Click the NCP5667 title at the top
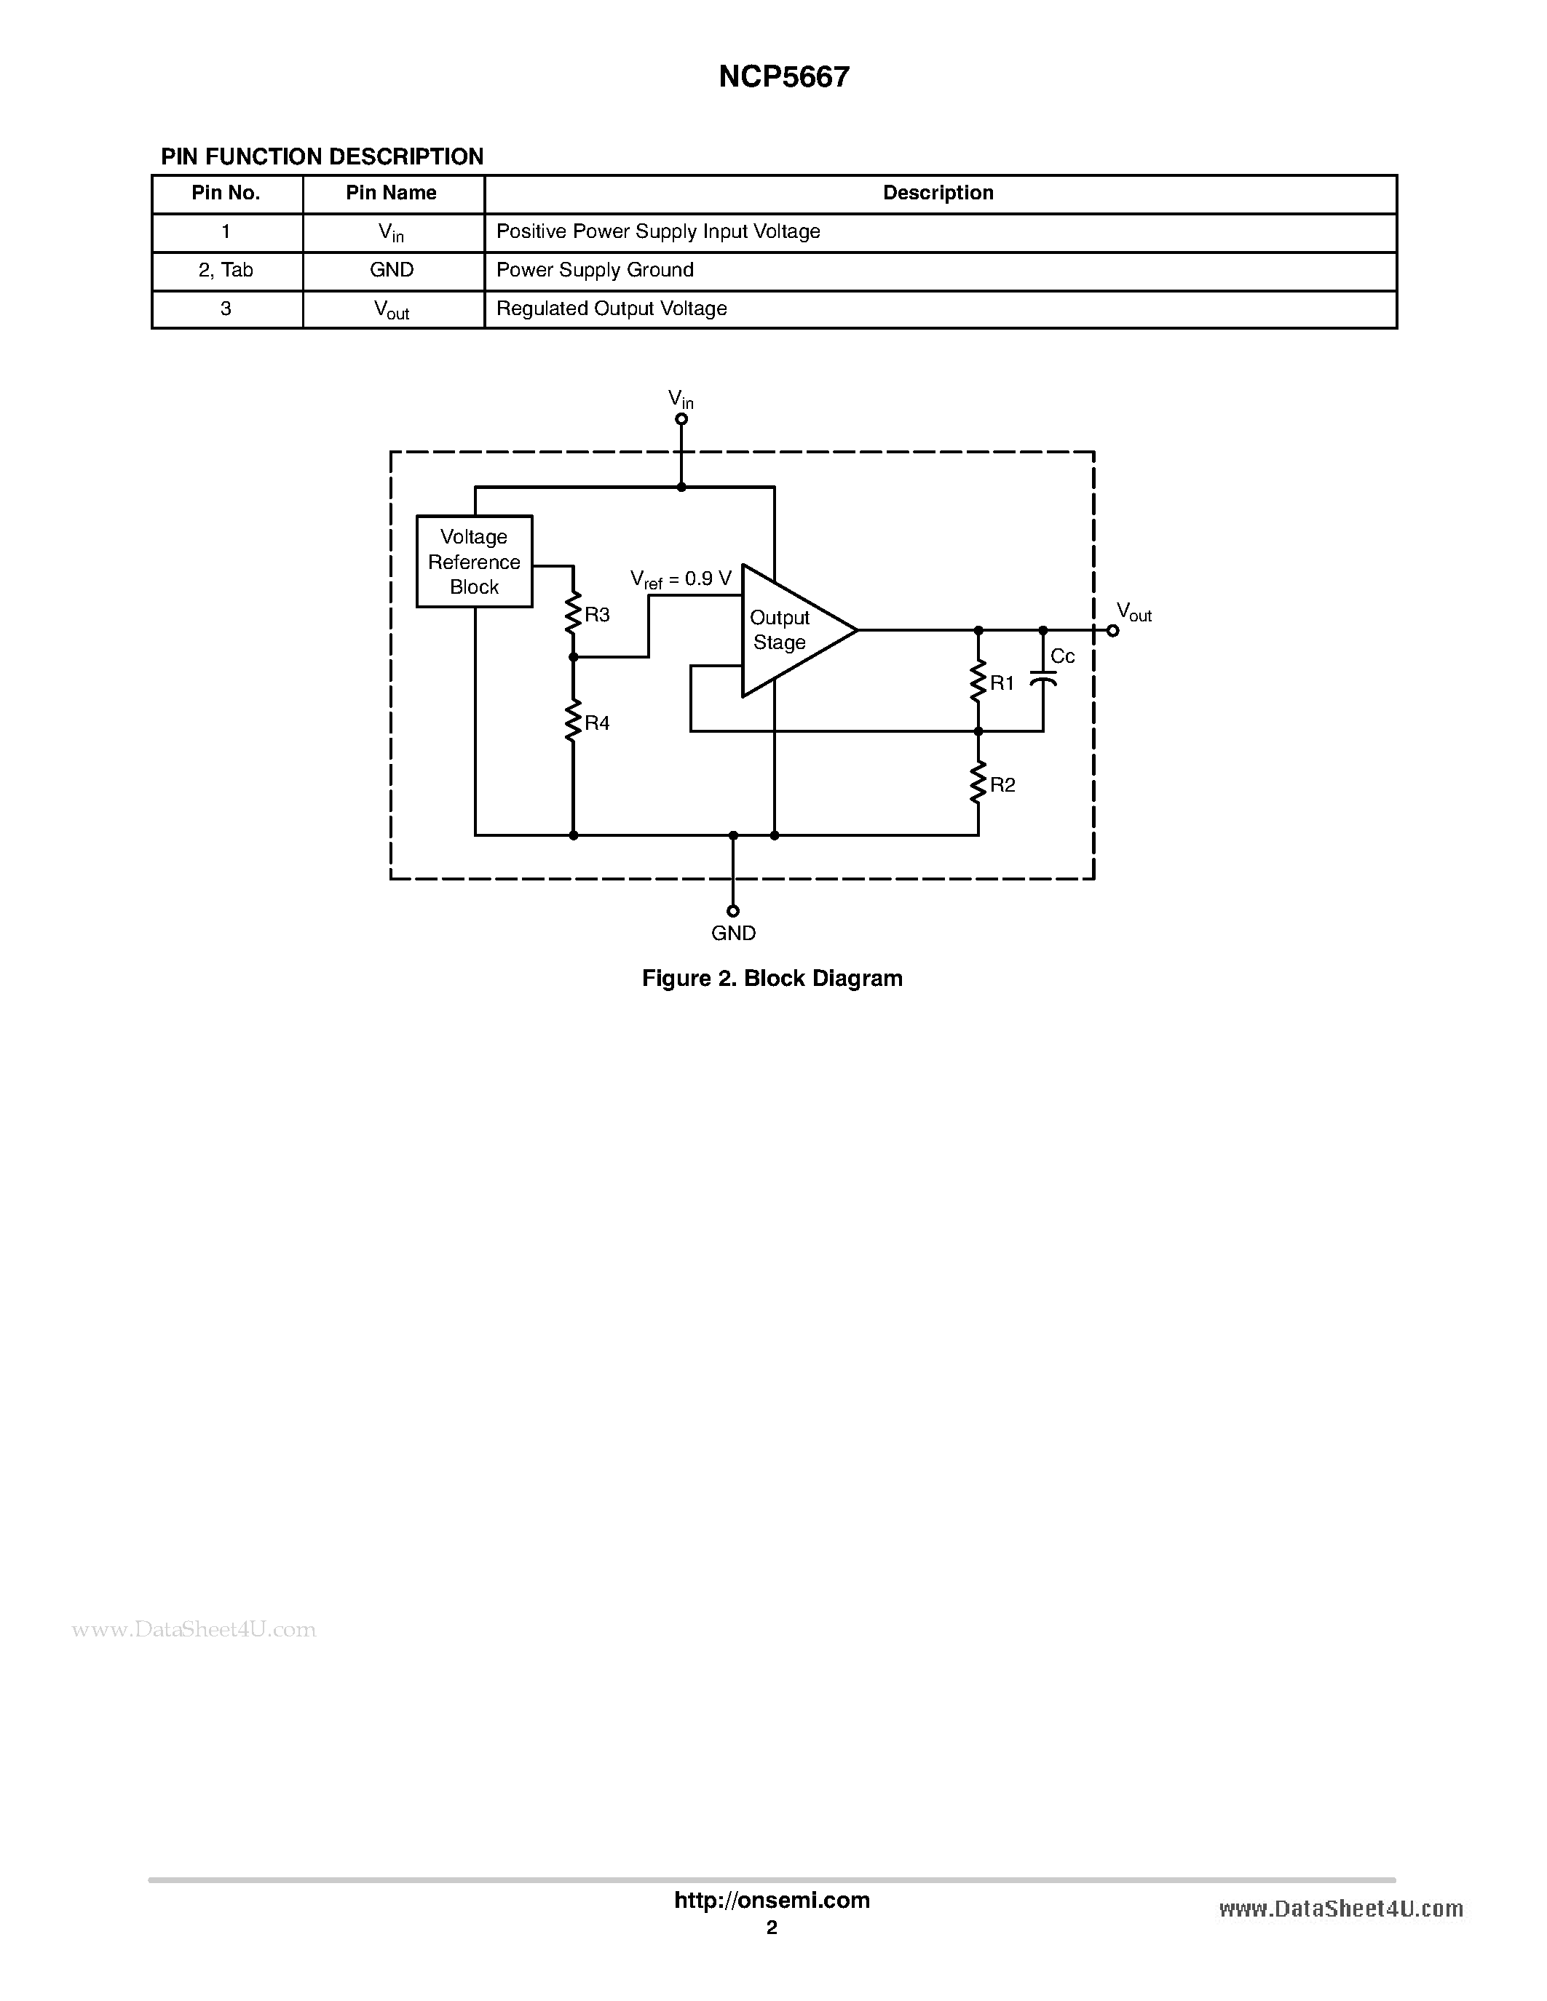click(x=783, y=77)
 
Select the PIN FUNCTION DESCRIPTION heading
click(x=322, y=156)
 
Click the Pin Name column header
click(x=392, y=194)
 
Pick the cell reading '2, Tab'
click(x=226, y=270)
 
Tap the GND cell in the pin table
click(x=392, y=270)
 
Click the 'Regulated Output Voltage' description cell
click(x=612, y=309)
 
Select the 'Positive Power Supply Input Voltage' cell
click(x=657, y=232)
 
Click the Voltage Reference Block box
click(x=474, y=562)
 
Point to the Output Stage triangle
click(x=788, y=630)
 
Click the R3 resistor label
click(x=598, y=615)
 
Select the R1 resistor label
click(x=1002, y=683)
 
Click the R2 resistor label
click(x=1002, y=785)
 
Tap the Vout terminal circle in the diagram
click(x=1112, y=630)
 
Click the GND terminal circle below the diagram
click(x=732, y=911)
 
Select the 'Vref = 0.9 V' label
click(x=681, y=579)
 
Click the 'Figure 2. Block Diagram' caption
click(x=772, y=979)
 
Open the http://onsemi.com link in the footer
click(x=772, y=1900)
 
